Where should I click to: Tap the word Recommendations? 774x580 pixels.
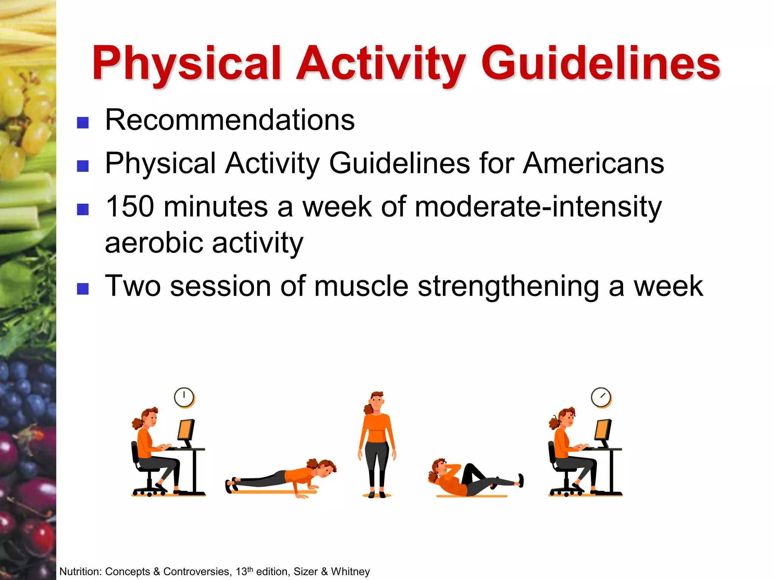pyautogui.click(x=230, y=120)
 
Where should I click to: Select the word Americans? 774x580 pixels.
pyautogui.click(x=593, y=163)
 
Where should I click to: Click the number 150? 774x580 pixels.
pyautogui.click(x=130, y=207)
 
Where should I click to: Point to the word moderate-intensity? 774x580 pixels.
pyautogui.click(x=538, y=207)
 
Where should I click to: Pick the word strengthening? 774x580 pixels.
pyautogui.click(x=508, y=286)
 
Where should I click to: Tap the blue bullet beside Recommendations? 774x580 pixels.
pyautogui.click(x=83, y=123)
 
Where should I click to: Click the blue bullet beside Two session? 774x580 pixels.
pyautogui.click(x=83, y=289)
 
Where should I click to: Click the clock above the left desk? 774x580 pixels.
pyautogui.click(x=184, y=397)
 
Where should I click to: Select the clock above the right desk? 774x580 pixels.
pyautogui.click(x=601, y=397)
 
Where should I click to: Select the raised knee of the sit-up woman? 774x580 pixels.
pyautogui.click(x=471, y=468)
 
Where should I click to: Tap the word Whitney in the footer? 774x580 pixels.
pyautogui.click(x=350, y=572)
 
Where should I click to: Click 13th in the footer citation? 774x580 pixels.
pyautogui.click(x=244, y=571)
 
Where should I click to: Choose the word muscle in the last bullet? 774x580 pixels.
pyautogui.click(x=361, y=286)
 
